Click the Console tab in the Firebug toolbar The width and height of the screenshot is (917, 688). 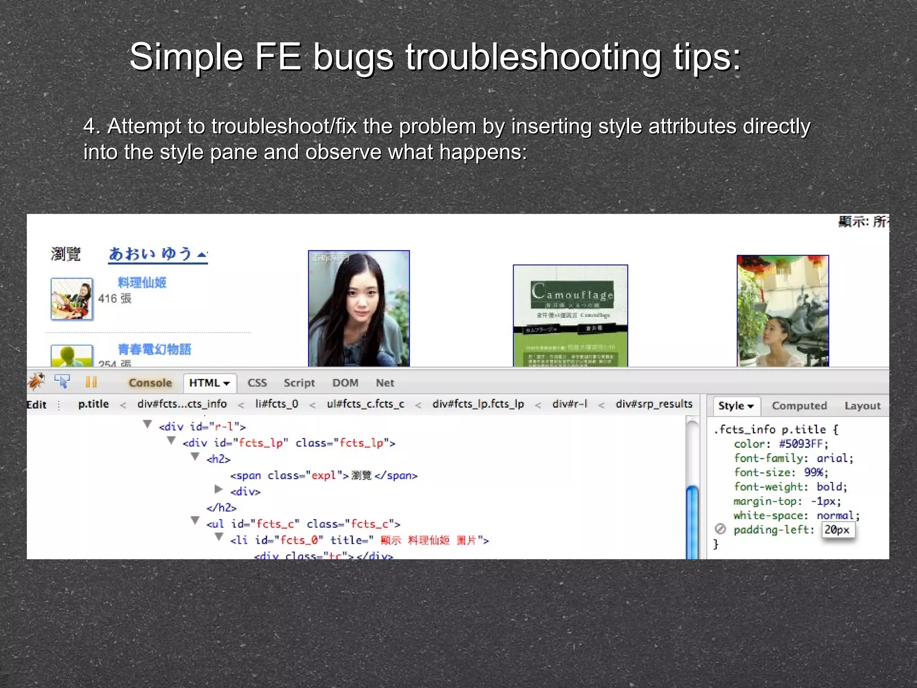(150, 383)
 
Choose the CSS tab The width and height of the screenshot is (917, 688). (257, 383)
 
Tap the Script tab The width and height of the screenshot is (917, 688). (299, 383)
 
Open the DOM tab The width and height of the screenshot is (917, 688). (345, 383)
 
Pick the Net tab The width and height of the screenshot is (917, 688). (385, 383)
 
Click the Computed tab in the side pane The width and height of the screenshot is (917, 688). (799, 406)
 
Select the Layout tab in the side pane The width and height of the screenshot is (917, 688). (862, 406)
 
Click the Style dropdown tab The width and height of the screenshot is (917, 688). (736, 406)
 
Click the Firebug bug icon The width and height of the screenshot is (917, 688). (37, 382)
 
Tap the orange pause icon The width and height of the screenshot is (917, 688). (91, 382)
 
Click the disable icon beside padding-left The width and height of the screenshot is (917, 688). (720, 529)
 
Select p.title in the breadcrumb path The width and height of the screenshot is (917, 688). (93, 404)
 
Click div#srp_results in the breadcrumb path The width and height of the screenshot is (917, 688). (654, 404)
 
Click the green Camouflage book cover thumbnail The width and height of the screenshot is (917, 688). (570, 316)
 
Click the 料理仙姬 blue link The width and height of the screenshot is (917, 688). (142, 283)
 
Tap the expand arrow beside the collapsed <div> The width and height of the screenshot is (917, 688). (219, 489)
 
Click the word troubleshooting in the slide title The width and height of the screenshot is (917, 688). (533, 57)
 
